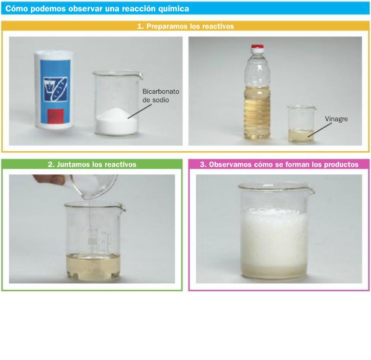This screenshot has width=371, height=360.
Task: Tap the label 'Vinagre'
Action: pyautogui.click(x=336, y=119)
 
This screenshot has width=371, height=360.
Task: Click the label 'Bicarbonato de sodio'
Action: pyautogui.click(x=161, y=96)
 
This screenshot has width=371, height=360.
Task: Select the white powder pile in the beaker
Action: pyautogui.click(x=116, y=122)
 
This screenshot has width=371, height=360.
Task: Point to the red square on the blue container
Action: pyautogui.click(x=55, y=116)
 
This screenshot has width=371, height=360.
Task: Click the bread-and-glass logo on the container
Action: pyautogui.click(x=55, y=89)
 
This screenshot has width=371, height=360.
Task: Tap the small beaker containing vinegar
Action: pyautogui.click(x=301, y=124)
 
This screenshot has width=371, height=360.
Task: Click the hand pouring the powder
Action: pyautogui.click(x=49, y=179)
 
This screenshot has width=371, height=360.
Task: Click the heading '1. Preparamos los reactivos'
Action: pyautogui.click(x=186, y=26)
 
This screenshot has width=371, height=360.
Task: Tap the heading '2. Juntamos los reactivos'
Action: pyautogui.click(x=92, y=165)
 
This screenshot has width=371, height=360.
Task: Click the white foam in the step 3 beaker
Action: pyautogui.click(x=274, y=237)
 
